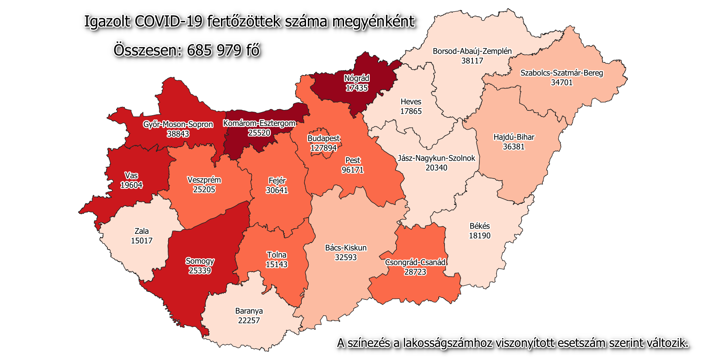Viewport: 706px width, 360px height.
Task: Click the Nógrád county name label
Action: point(357,79)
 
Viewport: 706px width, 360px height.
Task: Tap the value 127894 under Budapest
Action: point(324,148)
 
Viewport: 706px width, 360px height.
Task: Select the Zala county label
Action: point(141,231)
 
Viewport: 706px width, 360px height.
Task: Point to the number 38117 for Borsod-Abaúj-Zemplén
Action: point(472,61)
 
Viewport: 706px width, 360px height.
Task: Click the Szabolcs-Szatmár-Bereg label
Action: point(561,73)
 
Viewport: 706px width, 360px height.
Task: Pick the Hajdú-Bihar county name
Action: point(513,137)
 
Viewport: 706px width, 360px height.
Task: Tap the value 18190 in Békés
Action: point(479,236)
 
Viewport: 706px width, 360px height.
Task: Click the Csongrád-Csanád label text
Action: point(415,262)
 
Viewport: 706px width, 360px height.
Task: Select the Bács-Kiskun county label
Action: point(346,248)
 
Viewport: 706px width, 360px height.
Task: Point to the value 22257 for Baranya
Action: point(249,320)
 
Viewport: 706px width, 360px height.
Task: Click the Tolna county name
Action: point(276,255)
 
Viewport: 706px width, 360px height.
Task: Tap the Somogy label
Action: point(200,261)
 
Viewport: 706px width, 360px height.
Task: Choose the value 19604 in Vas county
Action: point(131,185)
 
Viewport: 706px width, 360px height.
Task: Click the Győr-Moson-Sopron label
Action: point(178,124)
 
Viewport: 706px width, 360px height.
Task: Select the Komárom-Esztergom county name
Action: point(259,123)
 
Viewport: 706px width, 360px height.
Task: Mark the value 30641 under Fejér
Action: point(277,190)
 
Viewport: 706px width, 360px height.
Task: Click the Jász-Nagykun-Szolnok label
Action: point(436,158)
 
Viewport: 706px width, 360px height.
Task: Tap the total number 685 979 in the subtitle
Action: point(214,51)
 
